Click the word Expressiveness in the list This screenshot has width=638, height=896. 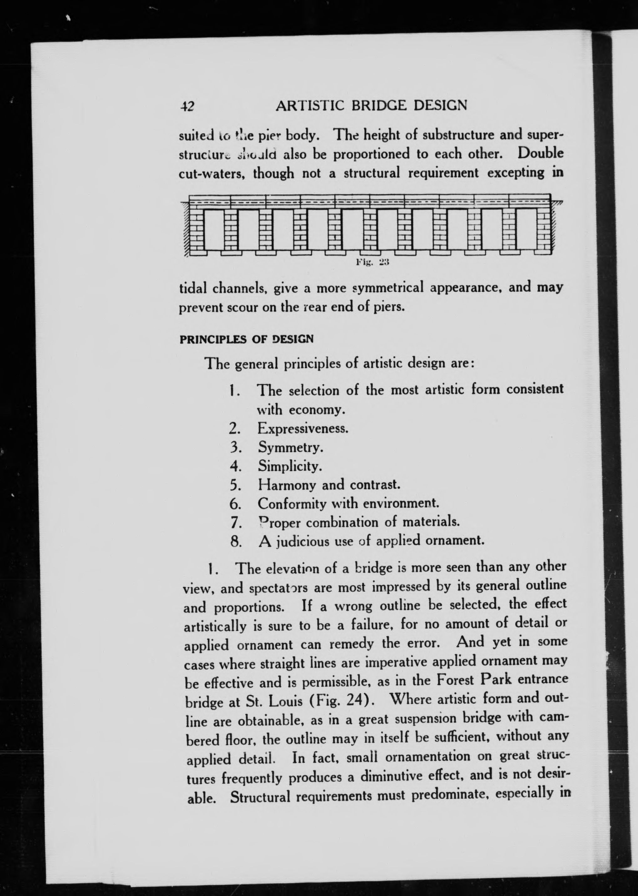pyautogui.click(x=303, y=428)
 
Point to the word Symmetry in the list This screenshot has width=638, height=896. pyautogui.click(x=290, y=447)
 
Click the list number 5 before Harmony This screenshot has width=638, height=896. pyautogui.click(x=235, y=486)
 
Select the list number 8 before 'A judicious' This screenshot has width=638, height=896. pyautogui.click(x=235, y=542)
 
